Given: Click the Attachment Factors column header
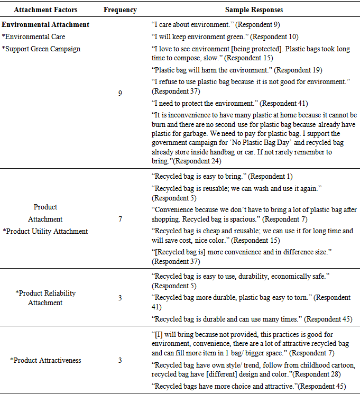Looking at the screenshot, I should click(45, 10).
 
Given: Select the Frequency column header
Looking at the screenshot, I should click(120, 10).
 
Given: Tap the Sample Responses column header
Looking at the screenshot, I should click(254, 10).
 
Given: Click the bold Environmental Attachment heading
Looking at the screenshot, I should click(45, 24).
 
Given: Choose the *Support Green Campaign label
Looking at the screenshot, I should click(41, 49).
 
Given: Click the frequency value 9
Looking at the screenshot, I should click(120, 93).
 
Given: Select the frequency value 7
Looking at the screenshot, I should click(120, 219).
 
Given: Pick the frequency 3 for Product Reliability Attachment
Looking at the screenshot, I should click(120, 298).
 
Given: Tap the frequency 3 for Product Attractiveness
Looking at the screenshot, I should click(120, 360).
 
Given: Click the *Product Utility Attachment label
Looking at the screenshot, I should click(45, 231).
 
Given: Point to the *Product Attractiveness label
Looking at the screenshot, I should click(45, 360).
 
